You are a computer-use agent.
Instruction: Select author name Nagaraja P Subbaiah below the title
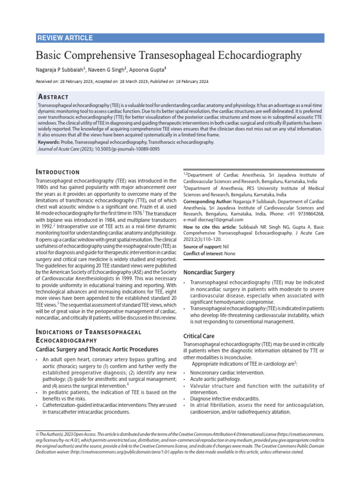pos(60,70)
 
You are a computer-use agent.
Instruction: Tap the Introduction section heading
pos(58,172)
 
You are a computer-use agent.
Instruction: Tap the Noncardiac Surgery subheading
pos(209,272)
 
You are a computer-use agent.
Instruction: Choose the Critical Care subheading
pos(199,336)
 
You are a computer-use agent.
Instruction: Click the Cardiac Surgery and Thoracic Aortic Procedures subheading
pos(97,349)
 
